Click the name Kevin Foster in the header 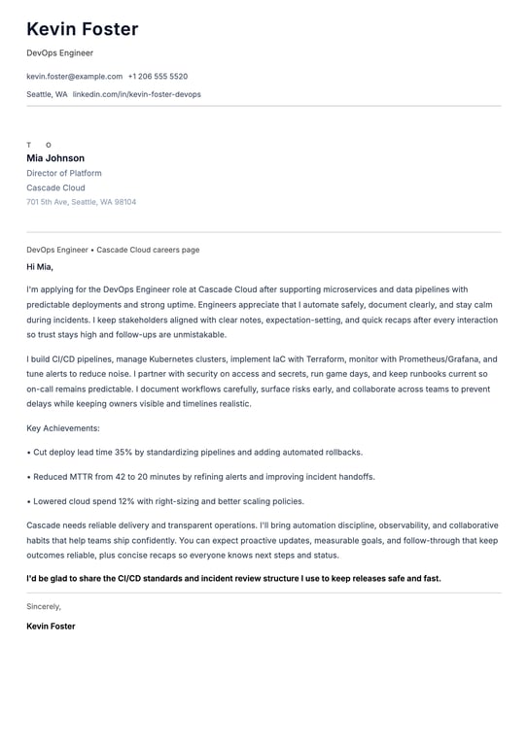pos(83,29)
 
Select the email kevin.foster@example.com pos(75,76)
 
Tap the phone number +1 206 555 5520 pos(158,76)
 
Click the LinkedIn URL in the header pos(137,94)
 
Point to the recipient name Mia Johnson pos(55,158)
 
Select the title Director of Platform pos(64,173)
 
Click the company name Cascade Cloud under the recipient pos(55,187)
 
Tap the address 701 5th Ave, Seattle pos(82,202)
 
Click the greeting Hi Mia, pos(40,266)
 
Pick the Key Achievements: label pos(63,427)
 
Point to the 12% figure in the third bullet pos(126,501)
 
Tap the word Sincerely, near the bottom pos(44,606)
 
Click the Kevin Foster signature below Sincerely pos(51,626)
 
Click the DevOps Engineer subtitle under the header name pos(60,52)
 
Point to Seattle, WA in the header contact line pos(47,94)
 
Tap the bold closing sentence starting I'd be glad pos(233,578)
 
